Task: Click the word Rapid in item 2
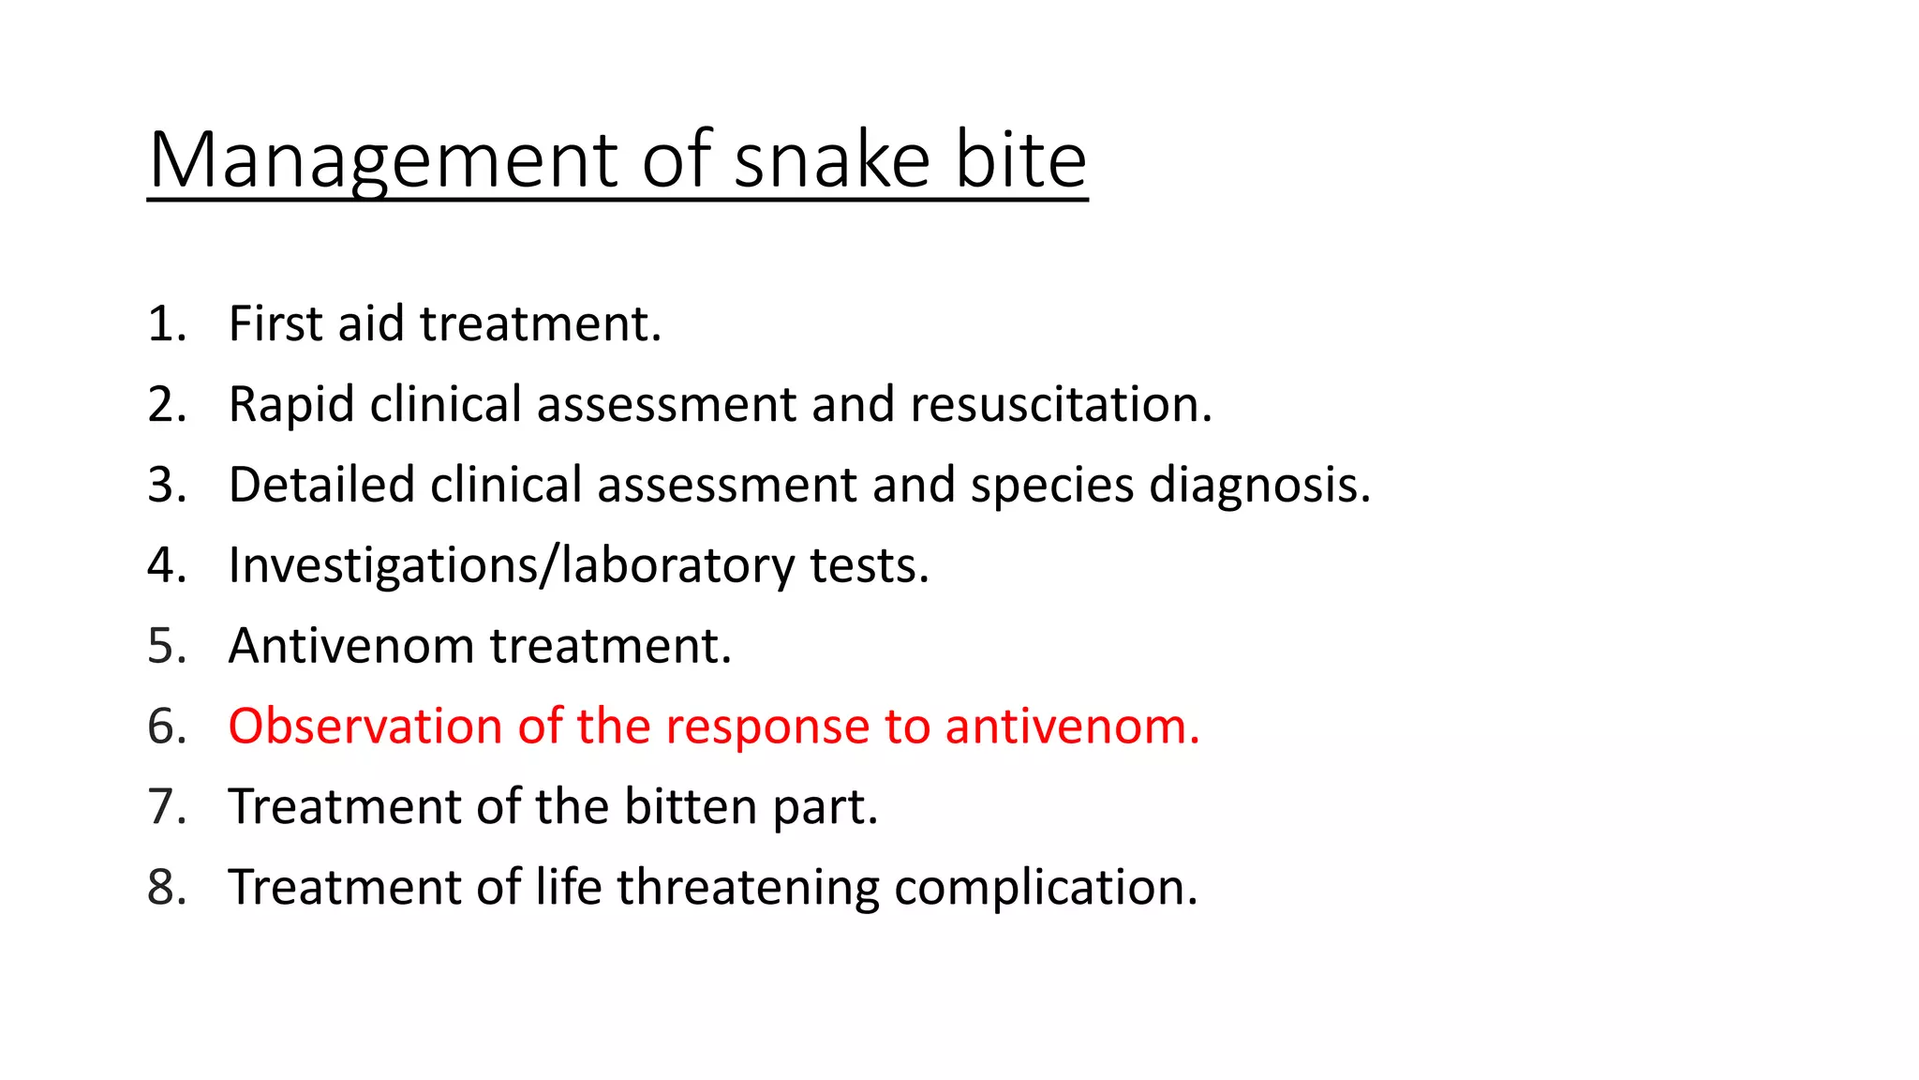click(x=291, y=405)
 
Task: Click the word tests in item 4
click(x=869, y=566)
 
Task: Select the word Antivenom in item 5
click(x=351, y=647)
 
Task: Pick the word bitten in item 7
click(x=691, y=807)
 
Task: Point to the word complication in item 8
click(x=1045, y=888)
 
